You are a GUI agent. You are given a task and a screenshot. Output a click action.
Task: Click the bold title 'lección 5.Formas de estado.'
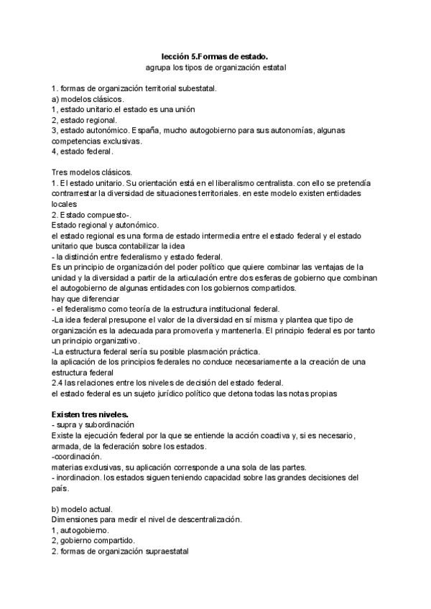215,55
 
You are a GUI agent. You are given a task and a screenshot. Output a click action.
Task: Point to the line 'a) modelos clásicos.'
88,99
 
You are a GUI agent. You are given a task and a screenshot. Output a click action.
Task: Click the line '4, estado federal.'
82,152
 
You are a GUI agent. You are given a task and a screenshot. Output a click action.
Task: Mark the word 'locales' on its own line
65,205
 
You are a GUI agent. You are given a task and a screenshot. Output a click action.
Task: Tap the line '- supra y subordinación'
93,425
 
